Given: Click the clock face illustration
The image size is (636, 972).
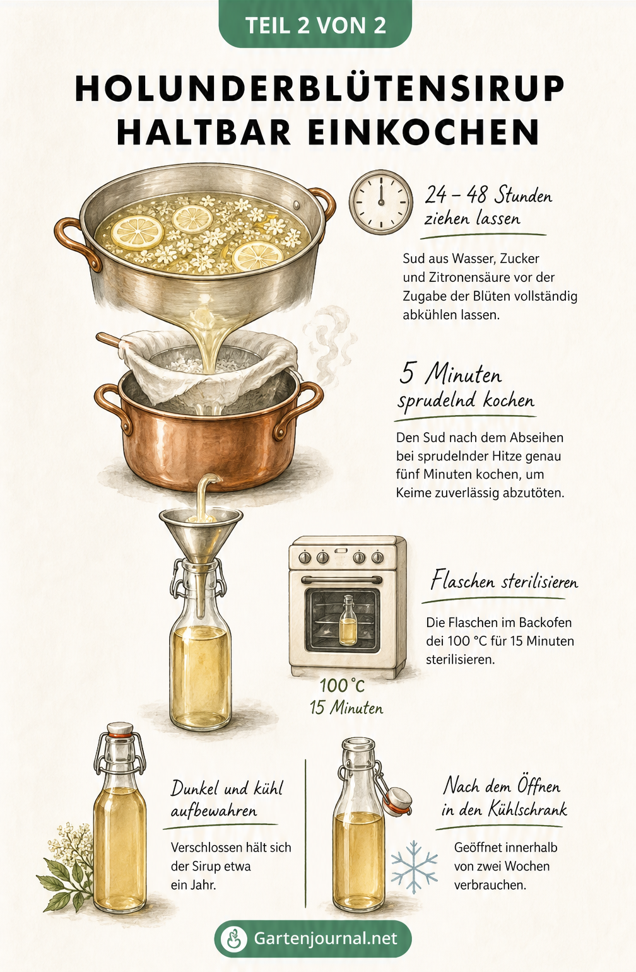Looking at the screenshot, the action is [381, 202].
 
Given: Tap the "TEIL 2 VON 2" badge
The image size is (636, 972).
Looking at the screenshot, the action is [315, 25].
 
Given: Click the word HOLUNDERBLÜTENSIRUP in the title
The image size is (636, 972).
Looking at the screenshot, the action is [319, 88].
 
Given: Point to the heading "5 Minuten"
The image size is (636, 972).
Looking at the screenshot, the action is [450, 373].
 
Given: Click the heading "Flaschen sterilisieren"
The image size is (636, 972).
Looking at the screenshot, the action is [504, 580].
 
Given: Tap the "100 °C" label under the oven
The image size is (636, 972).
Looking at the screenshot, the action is [342, 686].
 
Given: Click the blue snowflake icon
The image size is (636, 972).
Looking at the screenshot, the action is [414, 867].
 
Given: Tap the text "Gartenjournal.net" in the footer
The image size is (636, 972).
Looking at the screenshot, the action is [325, 938].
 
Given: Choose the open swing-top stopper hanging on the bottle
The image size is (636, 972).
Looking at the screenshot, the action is [397, 801].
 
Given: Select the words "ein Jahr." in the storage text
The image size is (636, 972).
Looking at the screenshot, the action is [193, 885].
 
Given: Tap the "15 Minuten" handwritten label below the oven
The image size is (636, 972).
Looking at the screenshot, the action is [346, 708].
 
